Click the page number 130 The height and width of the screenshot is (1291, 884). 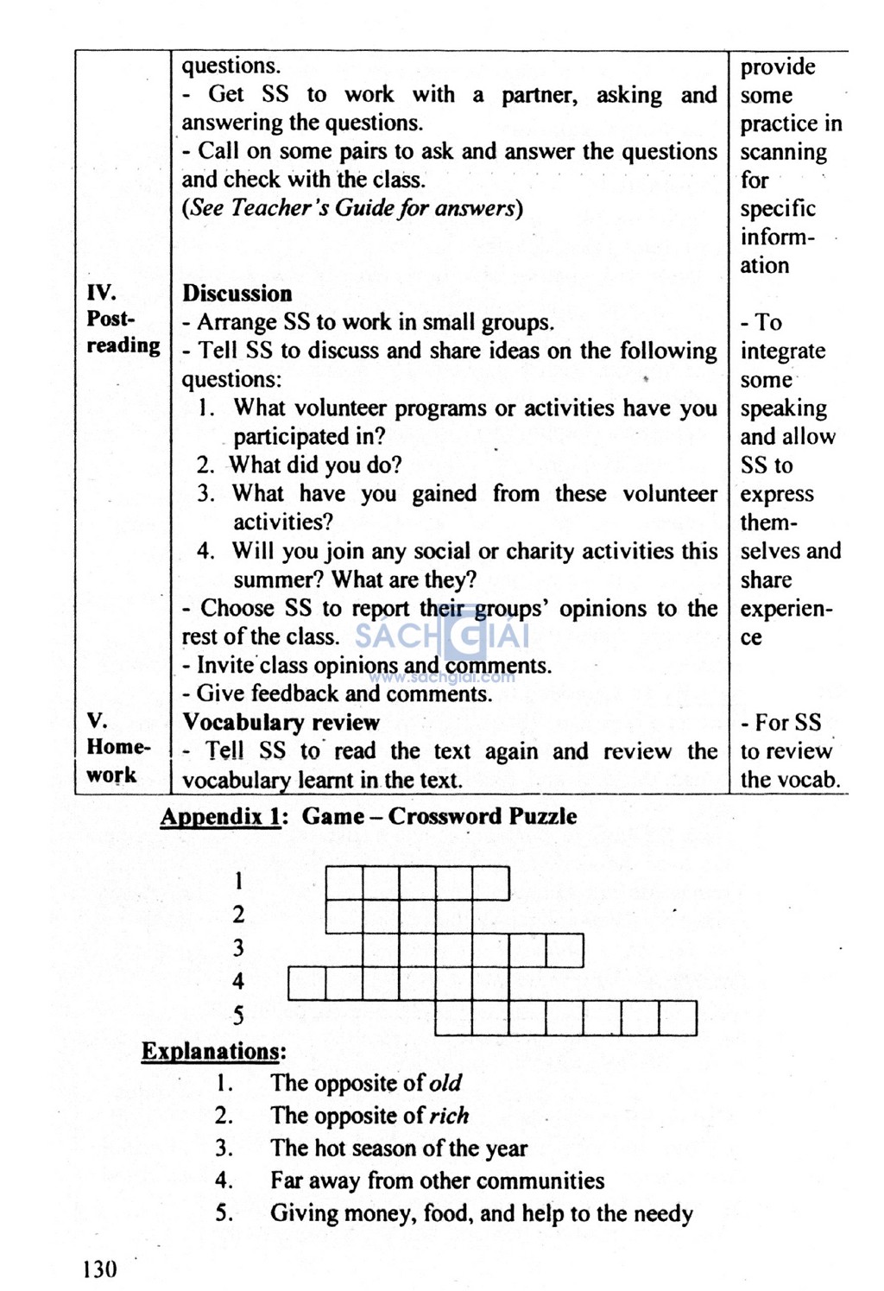pyautogui.click(x=99, y=1269)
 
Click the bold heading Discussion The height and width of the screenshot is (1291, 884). pyautogui.click(x=237, y=294)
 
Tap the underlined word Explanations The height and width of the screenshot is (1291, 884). pyautogui.click(x=212, y=1051)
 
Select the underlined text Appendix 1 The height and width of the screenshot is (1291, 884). pyautogui.click(x=220, y=816)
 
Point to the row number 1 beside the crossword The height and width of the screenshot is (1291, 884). pyautogui.click(x=238, y=881)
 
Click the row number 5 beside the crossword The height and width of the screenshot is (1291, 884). pyautogui.click(x=238, y=1016)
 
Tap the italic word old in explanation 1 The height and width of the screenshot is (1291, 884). pyautogui.click(x=445, y=1083)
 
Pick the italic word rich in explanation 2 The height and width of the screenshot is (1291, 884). pyautogui.click(x=449, y=1116)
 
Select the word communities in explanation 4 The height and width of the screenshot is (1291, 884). pyautogui.click(x=540, y=1180)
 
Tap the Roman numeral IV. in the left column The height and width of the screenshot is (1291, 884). pyautogui.click(x=101, y=292)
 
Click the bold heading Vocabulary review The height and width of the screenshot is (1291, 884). pyautogui.click(x=281, y=723)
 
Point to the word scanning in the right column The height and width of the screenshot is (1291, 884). pyautogui.click(x=783, y=153)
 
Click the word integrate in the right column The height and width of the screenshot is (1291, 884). pyautogui.click(x=782, y=351)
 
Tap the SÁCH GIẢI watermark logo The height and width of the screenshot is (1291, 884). pyautogui.click(x=442, y=638)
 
